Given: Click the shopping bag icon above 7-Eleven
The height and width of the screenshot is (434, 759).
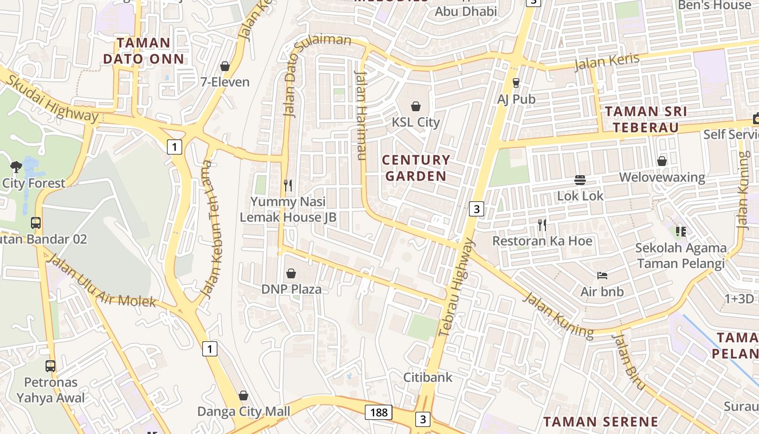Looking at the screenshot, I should tap(225, 66).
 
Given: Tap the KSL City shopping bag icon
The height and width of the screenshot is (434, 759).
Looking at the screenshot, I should tap(416, 106).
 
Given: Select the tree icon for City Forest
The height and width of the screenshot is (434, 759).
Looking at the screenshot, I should tap(16, 167).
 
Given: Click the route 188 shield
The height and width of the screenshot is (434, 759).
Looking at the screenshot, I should tap(378, 412).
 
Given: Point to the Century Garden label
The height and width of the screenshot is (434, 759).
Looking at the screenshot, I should tap(416, 168).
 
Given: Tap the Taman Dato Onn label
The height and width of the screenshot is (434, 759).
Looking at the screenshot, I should tap(144, 50).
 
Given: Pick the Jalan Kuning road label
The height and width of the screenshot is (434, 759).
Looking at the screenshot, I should tap(558, 315).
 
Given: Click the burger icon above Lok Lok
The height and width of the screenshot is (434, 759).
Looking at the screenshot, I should tap(580, 180).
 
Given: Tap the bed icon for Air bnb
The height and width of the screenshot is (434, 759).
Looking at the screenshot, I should tap(602, 276).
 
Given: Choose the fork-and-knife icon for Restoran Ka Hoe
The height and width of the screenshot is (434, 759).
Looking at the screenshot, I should tap(542, 225).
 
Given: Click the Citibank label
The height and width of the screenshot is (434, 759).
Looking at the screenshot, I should tap(428, 377).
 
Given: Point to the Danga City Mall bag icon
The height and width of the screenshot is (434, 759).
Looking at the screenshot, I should tap(243, 395).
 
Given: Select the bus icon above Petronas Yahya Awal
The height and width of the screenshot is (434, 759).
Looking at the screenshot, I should tap(50, 366).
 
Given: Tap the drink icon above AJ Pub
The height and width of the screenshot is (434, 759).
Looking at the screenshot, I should tap(516, 83).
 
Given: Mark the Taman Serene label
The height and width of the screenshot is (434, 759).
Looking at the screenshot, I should tap(601, 422).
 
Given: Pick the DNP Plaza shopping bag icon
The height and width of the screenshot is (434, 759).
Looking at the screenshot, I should tap(291, 273).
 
